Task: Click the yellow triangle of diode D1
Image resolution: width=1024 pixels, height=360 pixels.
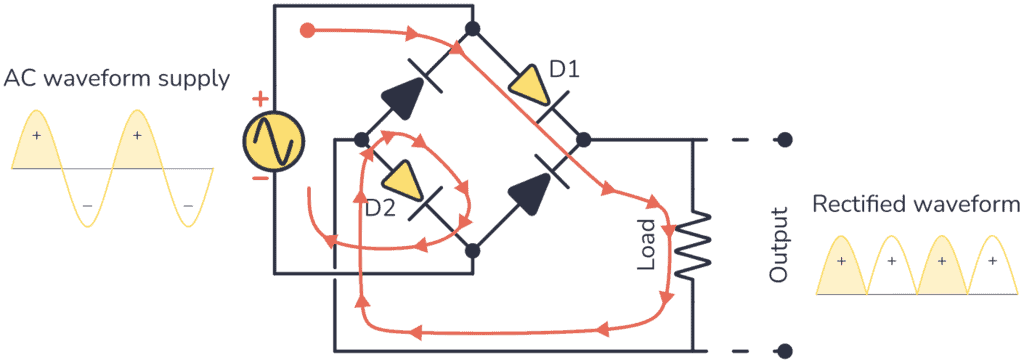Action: [x=528, y=85]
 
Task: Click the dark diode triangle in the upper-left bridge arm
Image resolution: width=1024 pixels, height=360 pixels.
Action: [x=402, y=97]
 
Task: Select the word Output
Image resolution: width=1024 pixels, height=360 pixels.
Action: [x=779, y=244]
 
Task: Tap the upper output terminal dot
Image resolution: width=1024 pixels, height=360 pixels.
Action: [x=786, y=139]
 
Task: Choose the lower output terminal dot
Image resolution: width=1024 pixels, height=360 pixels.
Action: [x=786, y=351]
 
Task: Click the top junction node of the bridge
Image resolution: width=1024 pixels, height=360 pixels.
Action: [x=472, y=28]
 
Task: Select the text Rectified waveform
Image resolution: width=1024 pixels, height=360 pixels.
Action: [x=916, y=204]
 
